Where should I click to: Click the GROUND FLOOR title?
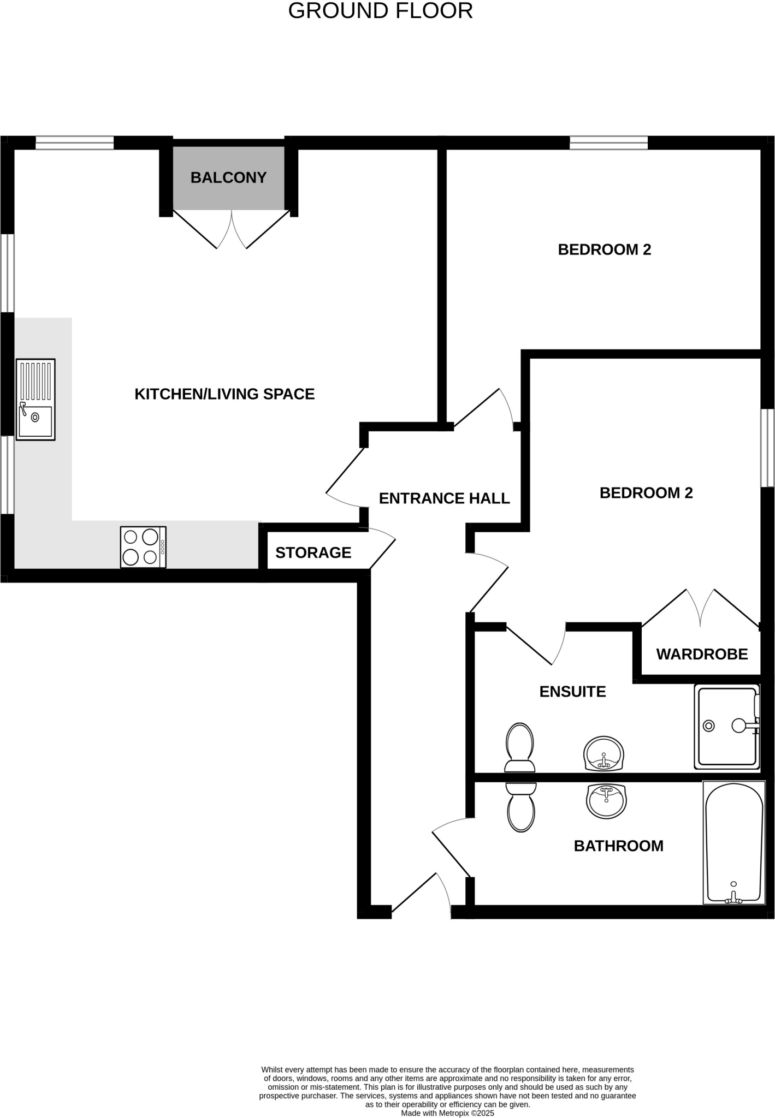380,11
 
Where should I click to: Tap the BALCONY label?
228,177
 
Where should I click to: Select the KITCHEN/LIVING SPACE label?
224,394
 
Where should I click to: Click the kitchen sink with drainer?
36,400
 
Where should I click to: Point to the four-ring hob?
143,547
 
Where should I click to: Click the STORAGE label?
313,553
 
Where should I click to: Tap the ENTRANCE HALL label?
444,498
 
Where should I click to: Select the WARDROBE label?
702,654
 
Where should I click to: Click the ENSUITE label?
572,692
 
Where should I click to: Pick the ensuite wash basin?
604,753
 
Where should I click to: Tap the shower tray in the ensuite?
727,726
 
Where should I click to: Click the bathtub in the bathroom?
734,842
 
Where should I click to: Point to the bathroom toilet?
521,807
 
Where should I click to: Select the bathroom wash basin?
606,801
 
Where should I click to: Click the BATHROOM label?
618,846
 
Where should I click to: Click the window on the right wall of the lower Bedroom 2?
768,448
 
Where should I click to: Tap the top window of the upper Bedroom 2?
608,143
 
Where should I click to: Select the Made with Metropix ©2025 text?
447,1113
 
